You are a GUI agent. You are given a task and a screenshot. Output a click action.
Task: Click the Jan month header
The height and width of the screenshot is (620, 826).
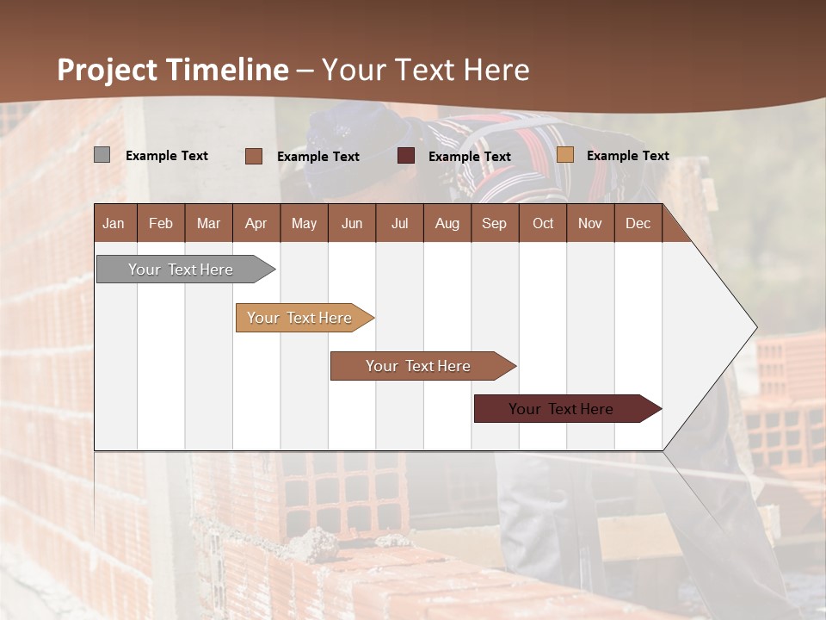click(x=114, y=223)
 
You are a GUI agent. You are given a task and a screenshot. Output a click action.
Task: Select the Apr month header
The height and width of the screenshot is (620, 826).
click(x=256, y=223)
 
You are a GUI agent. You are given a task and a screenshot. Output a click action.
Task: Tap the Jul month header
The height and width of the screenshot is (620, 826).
click(x=399, y=223)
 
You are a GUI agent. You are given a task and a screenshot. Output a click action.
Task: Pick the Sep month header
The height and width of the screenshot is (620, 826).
click(x=494, y=223)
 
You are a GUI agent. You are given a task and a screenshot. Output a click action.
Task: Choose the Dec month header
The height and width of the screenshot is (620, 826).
click(x=638, y=223)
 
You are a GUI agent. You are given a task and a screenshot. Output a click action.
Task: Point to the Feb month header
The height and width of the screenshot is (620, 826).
click(x=161, y=223)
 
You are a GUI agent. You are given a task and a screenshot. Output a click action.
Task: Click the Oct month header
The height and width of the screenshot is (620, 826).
click(x=543, y=223)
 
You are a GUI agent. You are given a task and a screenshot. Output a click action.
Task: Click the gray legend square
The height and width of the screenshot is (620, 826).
click(x=102, y=155)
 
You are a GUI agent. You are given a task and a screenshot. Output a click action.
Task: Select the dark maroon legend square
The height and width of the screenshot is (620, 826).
click(x=406, y=156)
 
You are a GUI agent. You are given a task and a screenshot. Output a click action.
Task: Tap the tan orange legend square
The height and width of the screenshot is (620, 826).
click(x=564, y=155)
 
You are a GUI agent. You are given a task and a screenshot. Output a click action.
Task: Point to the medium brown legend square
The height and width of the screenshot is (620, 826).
click(x=253, y=156)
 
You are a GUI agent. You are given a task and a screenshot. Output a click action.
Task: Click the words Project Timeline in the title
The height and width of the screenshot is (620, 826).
click(x=172, y=70)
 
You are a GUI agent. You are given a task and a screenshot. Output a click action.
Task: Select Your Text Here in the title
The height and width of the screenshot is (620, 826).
click(x=425, y=70)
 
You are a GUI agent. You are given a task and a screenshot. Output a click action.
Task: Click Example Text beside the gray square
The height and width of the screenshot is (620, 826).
click(x=167, y=156)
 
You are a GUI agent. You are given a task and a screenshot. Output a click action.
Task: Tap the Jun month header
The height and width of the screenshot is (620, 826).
click(x=352, y=223)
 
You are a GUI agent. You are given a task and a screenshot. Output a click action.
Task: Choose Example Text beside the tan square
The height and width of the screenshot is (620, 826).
click(x=628, y=156)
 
